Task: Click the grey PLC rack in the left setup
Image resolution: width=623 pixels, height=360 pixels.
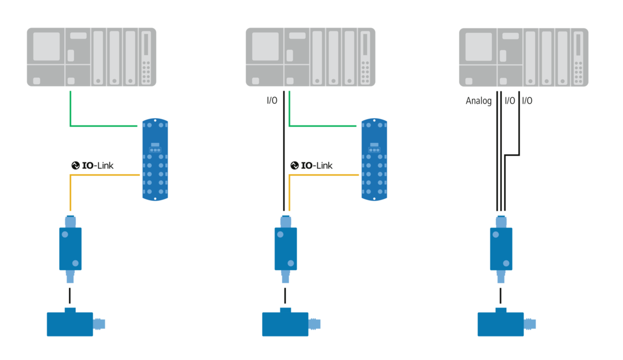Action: [91, 57]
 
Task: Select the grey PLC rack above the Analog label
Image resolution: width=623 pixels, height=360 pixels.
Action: [524, 57]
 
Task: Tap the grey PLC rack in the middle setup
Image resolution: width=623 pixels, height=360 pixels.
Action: [310, 57]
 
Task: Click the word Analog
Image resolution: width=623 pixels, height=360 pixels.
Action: [479, 101]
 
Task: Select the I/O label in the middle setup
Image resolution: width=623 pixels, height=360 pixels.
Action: [272, 100]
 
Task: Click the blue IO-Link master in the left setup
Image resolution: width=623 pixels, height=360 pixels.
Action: [155, 159]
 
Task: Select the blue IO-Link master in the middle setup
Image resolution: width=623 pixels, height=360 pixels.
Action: [374, 159]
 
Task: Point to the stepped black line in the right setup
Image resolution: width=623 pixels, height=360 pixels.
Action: [512, 155]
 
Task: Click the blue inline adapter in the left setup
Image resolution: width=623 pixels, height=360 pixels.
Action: [70, 248]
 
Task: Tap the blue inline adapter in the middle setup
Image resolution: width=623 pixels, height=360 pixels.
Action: [286, 248]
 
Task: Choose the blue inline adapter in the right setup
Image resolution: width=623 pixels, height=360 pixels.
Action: [501, 248]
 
